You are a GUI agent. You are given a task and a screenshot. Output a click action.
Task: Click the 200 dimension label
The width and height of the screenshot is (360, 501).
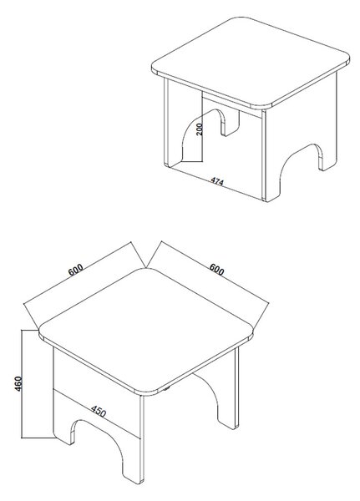point(199,129)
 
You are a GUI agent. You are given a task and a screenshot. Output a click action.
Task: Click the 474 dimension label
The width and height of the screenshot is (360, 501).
point(217,181)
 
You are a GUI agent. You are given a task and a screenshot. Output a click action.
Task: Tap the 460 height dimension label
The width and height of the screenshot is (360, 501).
point(18,383)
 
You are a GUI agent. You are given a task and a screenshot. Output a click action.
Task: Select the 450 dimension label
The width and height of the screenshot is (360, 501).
point(99,411)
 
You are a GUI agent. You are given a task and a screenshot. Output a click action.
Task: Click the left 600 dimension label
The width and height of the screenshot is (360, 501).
point(76,270)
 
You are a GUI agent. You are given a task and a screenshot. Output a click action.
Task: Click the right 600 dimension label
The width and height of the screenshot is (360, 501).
point(217,270)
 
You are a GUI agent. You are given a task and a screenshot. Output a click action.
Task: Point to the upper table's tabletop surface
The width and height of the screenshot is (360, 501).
point(251,60)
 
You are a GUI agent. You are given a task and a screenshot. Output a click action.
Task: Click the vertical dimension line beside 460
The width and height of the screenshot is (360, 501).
point(22,384)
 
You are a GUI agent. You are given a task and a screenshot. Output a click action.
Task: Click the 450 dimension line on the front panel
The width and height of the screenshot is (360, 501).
point(97,413)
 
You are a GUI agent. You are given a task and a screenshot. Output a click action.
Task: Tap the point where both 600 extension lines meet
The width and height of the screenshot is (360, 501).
point(146,268)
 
